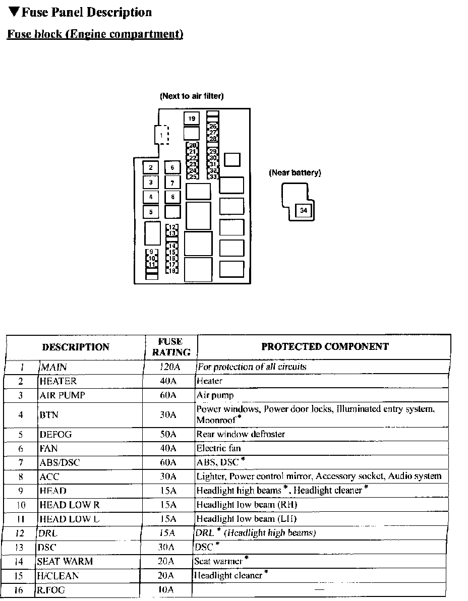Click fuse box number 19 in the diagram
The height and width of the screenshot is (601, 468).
[x=192, y=118]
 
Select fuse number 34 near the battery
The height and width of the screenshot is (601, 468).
[x=303, y=211]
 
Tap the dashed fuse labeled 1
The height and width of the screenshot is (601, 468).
[x=161, y=135]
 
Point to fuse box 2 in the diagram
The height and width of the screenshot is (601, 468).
[x=150, y=168]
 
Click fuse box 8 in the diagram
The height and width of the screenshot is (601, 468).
[x=172, y=197]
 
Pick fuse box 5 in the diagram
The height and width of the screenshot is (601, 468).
[x=150, y=212]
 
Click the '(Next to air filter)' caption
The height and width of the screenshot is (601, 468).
[x=192, y=96]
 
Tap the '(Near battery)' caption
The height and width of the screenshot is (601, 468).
[x=295, y=173]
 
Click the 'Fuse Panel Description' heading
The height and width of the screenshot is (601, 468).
[x=81, y=12]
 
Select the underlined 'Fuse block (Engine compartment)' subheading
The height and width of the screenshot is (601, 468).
[x=95, y=34]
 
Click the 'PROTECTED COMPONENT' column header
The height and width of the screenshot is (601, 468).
[x=325, y=346]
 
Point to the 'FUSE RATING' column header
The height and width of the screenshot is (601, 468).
[x=170, y=347]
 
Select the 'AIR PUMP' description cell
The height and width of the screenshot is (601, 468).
[x=63, y=395]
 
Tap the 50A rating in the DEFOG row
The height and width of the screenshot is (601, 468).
[x=168, y=434]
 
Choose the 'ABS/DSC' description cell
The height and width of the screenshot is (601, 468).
[x=60, y=462]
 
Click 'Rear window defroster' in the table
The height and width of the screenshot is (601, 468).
[x=241, y=434]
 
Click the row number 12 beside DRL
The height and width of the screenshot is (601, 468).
[x=21, y=533]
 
